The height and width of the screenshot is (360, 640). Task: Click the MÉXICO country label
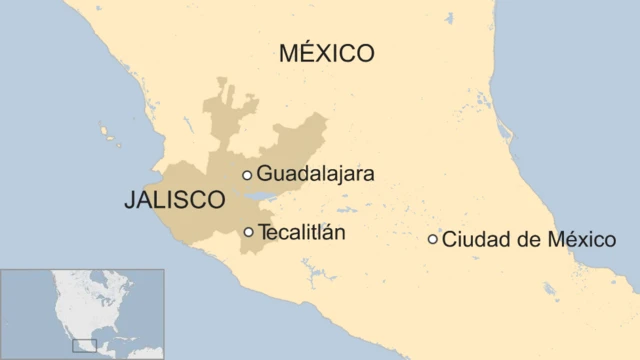[x=326, y=52]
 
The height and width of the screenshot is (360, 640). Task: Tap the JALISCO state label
[x=174, y=200]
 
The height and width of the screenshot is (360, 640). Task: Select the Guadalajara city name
[x=315, y=174]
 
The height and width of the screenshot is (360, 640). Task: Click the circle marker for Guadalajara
[x=247, y=175]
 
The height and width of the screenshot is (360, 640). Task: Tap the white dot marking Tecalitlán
[x=248, y=232]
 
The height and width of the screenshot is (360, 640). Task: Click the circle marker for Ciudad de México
[x=432, y=239]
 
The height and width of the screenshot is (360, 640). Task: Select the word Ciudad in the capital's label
[x=470, y=239]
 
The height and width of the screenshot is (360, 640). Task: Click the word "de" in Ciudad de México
[x=517, y=239]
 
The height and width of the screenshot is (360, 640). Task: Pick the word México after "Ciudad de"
[x=576, y=239]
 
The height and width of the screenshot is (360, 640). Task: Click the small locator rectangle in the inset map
[x=85, y=345]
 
